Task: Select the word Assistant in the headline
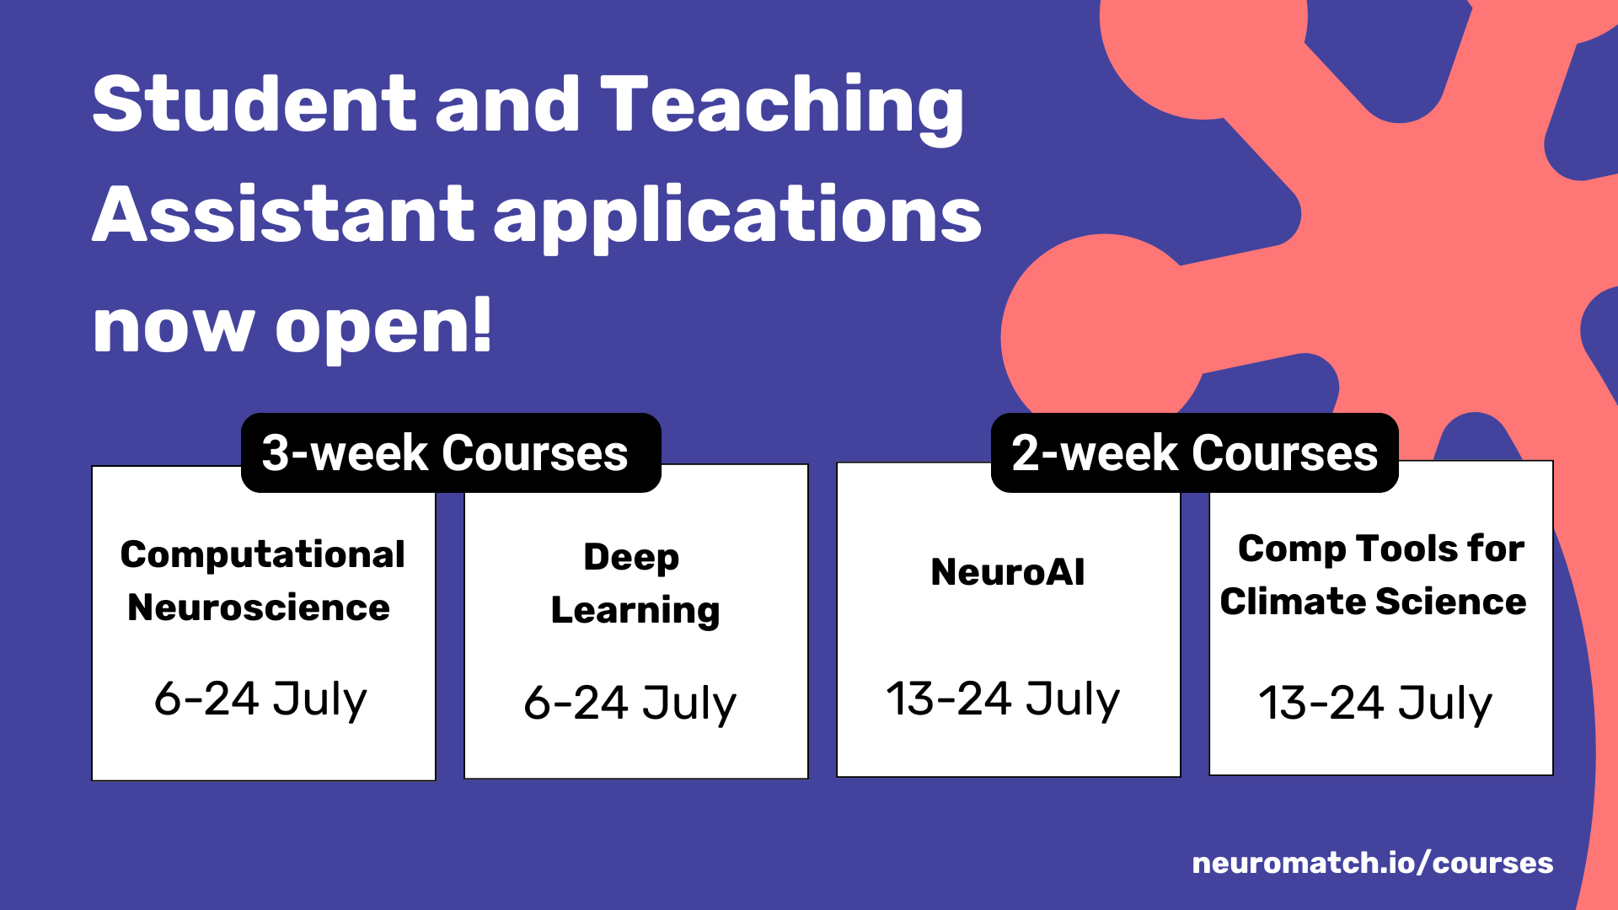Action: pos(283,214)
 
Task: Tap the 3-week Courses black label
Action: pos(451,452)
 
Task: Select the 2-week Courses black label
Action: pos(1195,452)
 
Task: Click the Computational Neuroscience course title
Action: pos(263,581)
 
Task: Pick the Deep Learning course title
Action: pos(635,584)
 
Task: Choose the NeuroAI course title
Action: pos(1008,571)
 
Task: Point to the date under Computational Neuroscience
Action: pos(260,699)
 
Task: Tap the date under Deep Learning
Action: pos(630,703)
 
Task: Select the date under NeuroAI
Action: pos(1003,699)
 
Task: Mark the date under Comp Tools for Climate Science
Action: pos(1375,703)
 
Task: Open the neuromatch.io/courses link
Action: pos(1373,863)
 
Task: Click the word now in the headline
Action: pos(174,327)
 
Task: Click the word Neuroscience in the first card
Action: pos(259,608)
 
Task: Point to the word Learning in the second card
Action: pos(635,611)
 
